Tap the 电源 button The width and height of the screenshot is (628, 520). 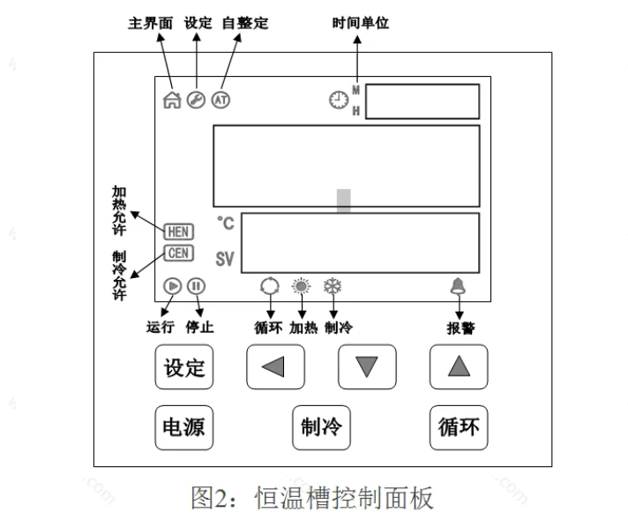(x=184, y=427)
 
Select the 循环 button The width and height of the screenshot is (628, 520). (x=459, y=427)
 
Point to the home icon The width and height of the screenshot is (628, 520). (x=172, y=100)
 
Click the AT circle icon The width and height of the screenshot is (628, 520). (x=221, y=100)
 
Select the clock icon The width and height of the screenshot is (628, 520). (x=338, y=101)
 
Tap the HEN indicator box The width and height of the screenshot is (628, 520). (x=179, y=231)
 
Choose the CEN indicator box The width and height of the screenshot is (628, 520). (x=179, y=253)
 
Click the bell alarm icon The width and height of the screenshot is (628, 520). (x=459, y=285)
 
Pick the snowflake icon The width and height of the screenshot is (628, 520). (x=333, y=286)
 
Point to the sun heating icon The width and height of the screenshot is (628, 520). (x=302, y=286)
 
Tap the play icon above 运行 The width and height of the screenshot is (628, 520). (x=173, y=286)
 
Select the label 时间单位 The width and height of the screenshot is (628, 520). (x=360, y=24)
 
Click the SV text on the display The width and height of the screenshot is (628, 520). (x=225, y=260)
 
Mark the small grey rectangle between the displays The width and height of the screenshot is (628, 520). (x=344, y=200)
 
